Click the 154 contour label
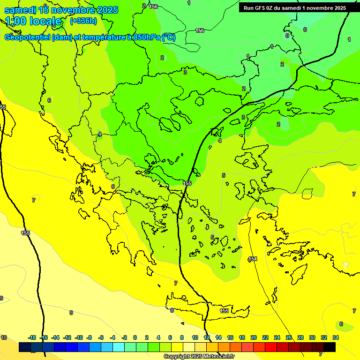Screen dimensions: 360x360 point(253,259)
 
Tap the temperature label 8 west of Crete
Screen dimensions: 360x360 point(172,310)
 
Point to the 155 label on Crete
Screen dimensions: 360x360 point(224,311)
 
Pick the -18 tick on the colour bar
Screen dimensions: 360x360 point(32,337)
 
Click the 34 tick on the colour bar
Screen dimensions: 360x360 point(336,337)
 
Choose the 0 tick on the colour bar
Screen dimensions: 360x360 point(135,337)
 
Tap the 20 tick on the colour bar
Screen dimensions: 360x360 point(254,337)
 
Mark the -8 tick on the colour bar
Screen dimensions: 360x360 point(89,337)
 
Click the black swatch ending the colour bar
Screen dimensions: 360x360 point(330,347)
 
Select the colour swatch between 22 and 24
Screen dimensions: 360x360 point(271,347)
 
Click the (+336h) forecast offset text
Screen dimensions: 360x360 point(83,21)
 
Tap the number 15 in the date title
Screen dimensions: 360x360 point(44,9)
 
